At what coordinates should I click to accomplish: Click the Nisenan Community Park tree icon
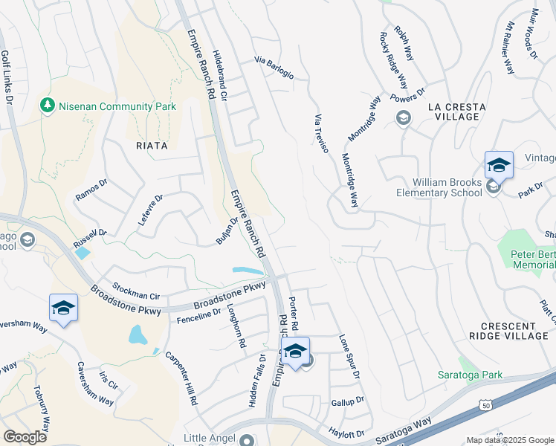pyautogui.click(x=48, y=106)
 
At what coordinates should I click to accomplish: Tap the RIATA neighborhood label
pyautogui.click(x=152, y=146)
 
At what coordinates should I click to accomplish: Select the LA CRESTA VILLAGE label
pyautogui.click(x=456, y=111)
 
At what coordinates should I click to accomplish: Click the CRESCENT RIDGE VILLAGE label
pyautogui.click(x=513, y=332)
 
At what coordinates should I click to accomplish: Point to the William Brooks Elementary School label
pyautogui.click(x=447, y=188)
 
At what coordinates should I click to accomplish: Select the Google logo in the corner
pyautogui.click(x=25, y=436)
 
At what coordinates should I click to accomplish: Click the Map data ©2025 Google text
pyautogui.click(x=510, y=440)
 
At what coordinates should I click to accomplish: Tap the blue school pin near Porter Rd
pyautogui.click(x=295, y=352)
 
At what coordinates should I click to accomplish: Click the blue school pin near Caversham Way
pyautogui.click(x=63, y=308)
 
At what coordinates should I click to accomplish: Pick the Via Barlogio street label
pyautogui.click(x=274, y=68)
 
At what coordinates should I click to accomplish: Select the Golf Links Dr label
pyautogui.click(x=7, y=77)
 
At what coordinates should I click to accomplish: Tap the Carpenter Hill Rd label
pyautogui.click(x=181, y=378)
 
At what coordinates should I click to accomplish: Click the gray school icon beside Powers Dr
pyautogui.click(x=403, y=118)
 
